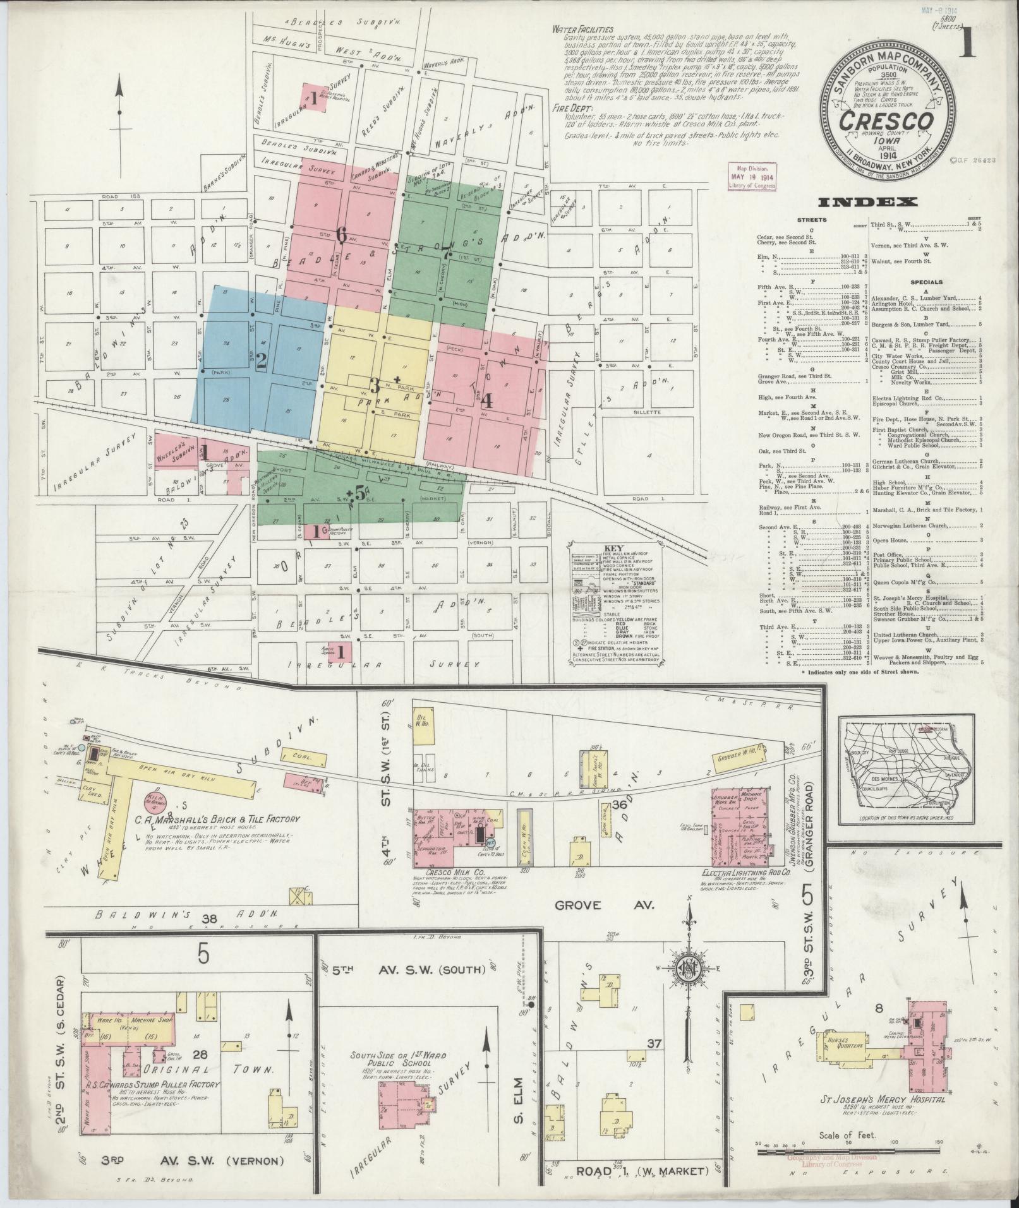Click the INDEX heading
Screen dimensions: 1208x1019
click(x=868, y=203)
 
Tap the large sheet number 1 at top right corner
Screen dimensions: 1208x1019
click(x=968, y=44)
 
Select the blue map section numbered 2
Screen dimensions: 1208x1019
click(x=261, y=360)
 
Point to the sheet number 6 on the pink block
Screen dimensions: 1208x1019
click(x=342, y=234)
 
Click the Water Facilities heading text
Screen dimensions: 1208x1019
click(x=582, y=29)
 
